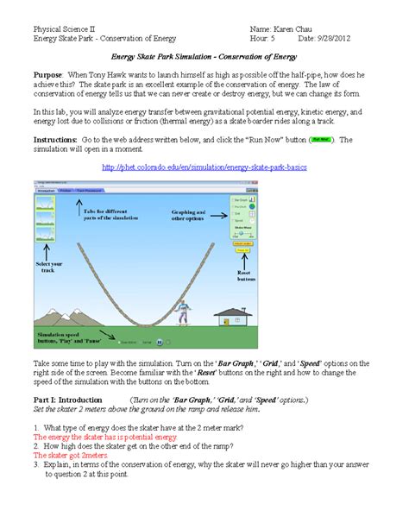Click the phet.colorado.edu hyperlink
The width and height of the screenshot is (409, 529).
(x=204, y=165)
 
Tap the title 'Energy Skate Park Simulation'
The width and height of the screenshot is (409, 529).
(x=204, y=56)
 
